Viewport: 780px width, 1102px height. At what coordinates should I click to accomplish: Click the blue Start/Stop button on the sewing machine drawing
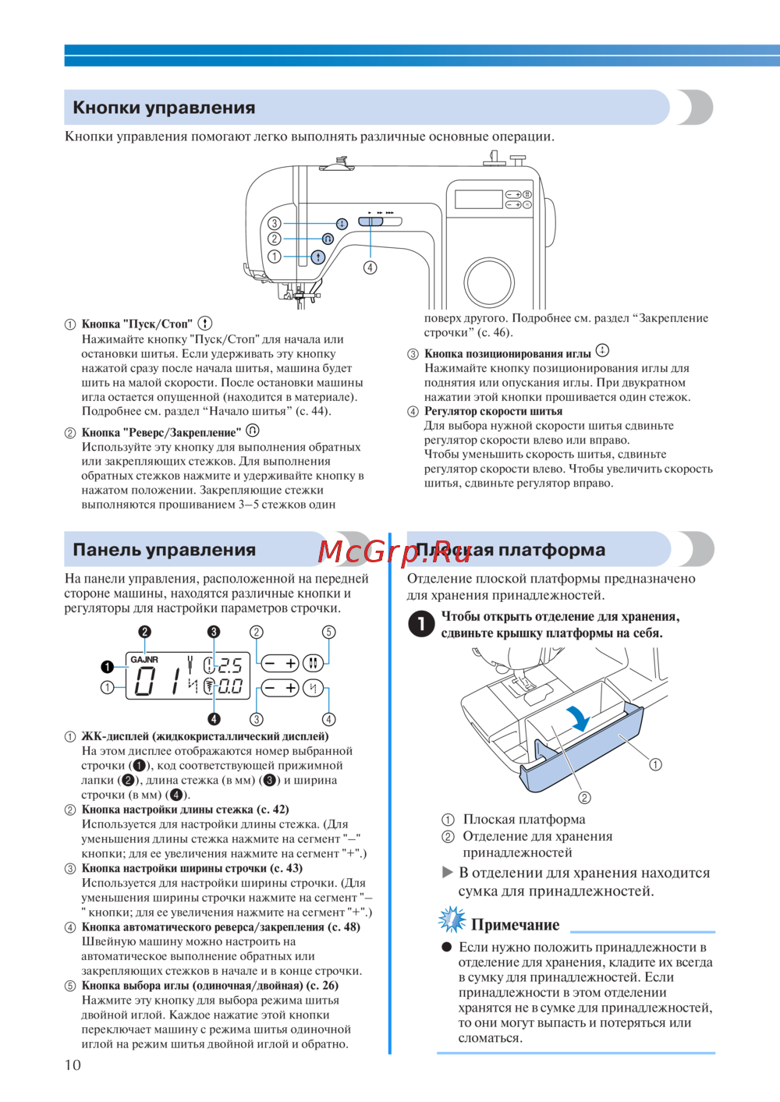click(317, 257)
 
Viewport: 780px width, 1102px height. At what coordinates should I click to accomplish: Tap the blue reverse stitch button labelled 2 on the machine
click(328, 239)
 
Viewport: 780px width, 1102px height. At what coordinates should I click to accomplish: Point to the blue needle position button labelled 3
click(342, 224)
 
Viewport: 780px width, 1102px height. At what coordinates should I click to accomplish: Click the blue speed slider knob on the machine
click(370, 221)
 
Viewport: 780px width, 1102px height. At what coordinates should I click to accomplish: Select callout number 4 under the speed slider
click(370, 268)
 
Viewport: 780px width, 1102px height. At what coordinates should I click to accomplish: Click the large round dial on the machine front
click(489, 282)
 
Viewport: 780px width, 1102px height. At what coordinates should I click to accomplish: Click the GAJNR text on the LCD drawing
click(144, 660)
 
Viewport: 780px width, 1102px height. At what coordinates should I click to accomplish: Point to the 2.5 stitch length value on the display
click(229, 665)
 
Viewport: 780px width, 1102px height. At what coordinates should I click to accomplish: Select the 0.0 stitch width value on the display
click(229, 686)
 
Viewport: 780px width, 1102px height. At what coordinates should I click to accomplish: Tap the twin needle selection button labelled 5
click(313, 663)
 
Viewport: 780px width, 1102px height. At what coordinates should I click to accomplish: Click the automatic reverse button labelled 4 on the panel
click(313, 687)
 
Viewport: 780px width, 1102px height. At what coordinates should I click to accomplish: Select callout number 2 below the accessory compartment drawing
click(584, 797)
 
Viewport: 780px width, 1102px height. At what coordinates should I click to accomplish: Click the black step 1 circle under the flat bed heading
click(421, 624)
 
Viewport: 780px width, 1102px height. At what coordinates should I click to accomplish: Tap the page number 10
click(73, 1065)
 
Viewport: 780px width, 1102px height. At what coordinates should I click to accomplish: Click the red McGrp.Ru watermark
click(395, 552)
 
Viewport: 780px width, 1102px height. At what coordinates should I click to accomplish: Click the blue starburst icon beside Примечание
click(452, 920)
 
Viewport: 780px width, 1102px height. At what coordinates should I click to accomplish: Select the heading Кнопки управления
click(164, 108)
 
